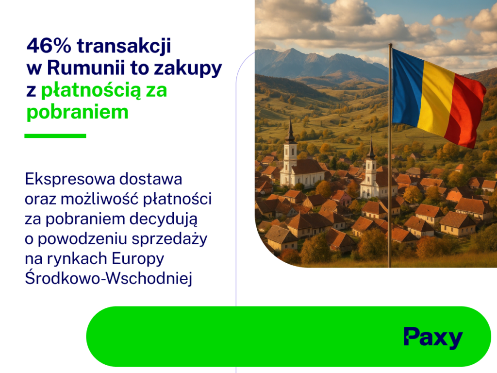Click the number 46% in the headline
point(49,46)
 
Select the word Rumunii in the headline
point(86,68)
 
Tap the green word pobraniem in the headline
point(77,112)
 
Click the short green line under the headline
point(55,136)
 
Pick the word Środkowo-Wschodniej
point(109,278)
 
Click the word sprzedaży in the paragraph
point(169,239)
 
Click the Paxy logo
point(433,338)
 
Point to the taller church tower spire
point(290,131)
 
